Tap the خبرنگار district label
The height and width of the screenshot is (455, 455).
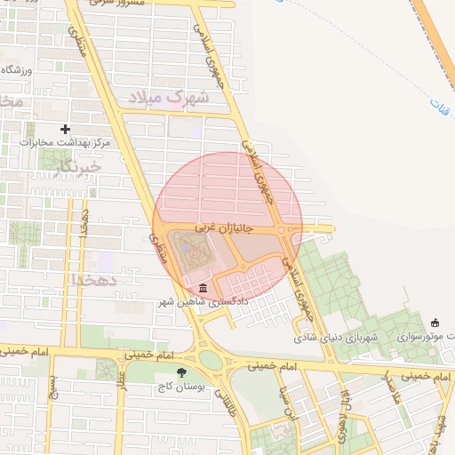pos(76,165)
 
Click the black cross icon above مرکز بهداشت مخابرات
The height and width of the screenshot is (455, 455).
pos(65,130)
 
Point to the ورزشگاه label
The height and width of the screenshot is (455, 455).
pos(16,69)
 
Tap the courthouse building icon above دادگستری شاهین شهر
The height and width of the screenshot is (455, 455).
pos(204,289)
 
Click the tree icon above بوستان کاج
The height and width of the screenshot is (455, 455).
pos(182,373)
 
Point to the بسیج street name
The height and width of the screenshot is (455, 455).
pos(53,390)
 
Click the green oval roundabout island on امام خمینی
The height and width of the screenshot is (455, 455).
pos(211,359)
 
